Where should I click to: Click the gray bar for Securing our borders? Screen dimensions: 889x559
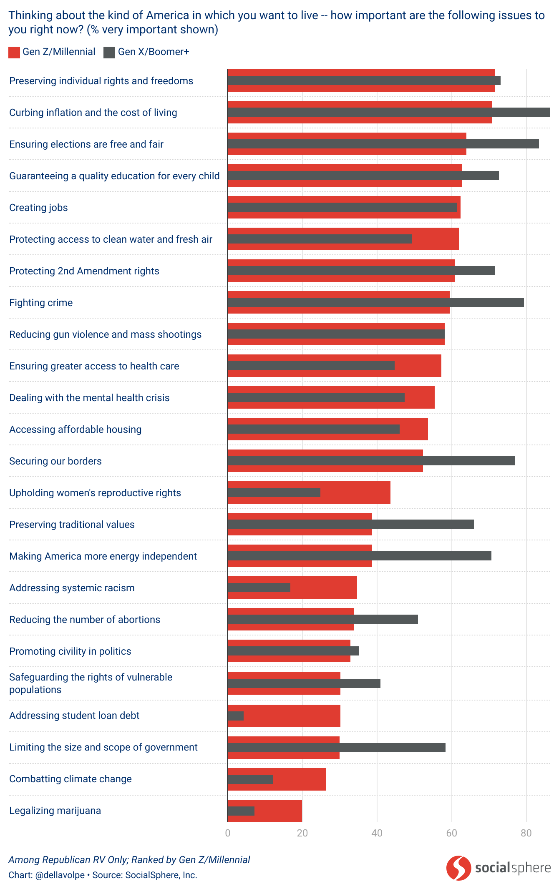[371, 461]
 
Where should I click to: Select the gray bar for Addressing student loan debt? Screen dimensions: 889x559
[236, 716]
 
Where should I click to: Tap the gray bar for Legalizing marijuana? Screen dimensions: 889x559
[241, 811]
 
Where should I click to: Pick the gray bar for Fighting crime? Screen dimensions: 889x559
[375, 302]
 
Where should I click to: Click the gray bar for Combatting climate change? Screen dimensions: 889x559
[250, 779]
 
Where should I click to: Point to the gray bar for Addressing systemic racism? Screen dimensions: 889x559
[259, 588]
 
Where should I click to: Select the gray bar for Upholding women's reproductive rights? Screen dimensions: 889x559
[274, 492]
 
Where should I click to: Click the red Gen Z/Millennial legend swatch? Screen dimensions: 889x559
[14, 52]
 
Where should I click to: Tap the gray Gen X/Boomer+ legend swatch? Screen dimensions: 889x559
[109, 52]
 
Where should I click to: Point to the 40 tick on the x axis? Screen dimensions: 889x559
[377, 833]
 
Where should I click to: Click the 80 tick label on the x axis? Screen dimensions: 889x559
[526, 833]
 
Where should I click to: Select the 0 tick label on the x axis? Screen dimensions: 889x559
[228, 833]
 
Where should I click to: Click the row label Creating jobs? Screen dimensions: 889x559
[38, 208]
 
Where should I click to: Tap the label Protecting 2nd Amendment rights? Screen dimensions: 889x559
[84, 271]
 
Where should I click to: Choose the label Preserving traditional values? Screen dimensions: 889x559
[72, 525]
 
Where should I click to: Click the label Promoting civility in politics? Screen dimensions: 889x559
[70, 651]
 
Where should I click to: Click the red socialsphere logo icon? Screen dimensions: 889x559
[458, 868]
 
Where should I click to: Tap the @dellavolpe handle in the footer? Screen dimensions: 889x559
[60, 875]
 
